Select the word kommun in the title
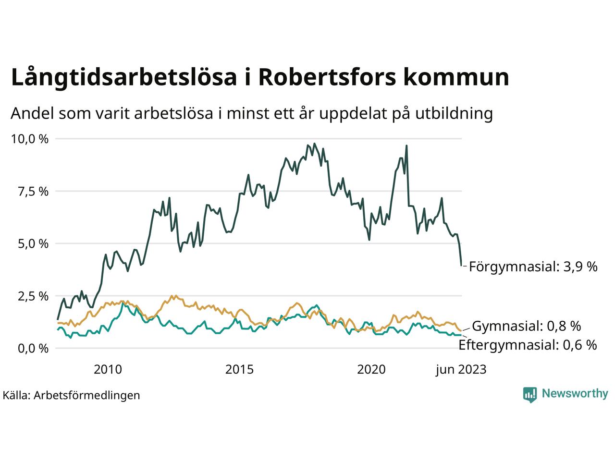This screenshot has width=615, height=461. click(x=455, y=78)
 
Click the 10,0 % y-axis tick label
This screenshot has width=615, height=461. click(x=30, y=139)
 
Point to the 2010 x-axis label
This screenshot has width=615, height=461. click(x=108, y=370)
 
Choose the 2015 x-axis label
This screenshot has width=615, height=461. click(x=239, y=370)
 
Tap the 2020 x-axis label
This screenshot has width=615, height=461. click(x=371, y=370)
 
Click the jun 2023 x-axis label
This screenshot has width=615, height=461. click(x=461, y=370)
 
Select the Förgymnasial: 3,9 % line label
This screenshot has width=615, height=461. click(x=533, y=267)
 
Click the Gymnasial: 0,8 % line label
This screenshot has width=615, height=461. click(x=527, y=327)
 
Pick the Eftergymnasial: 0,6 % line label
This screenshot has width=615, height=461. click(x=528, y=345)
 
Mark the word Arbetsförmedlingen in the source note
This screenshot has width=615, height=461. click(x=87, y=395)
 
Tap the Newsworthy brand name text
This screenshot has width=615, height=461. click(x=575, y=394)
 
